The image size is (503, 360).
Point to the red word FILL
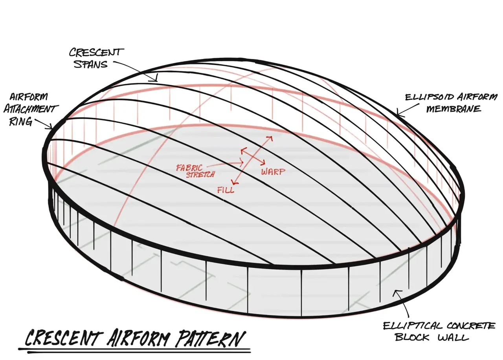[x=226, y=190]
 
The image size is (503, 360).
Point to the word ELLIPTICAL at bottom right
[x=413, y=325]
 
